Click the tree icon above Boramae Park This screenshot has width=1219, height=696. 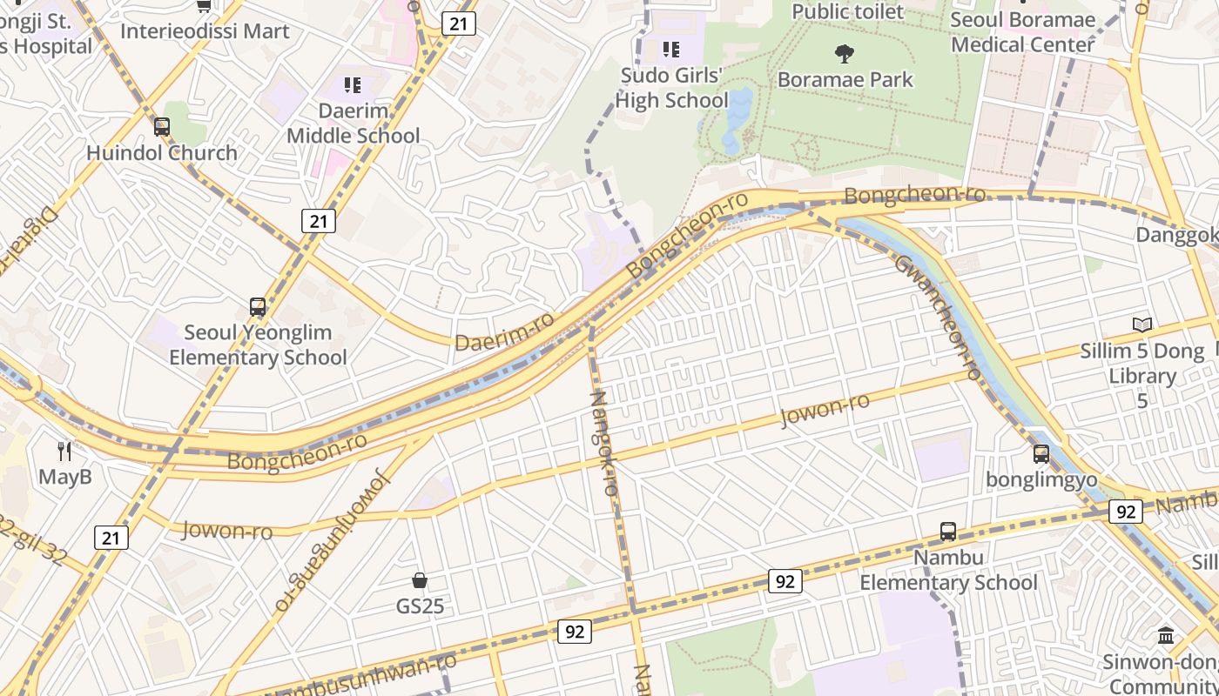coord(844,54)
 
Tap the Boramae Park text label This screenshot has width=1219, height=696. coord(845,80)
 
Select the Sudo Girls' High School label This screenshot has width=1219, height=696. coord(671,88)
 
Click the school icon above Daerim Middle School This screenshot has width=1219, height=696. coord(353,85)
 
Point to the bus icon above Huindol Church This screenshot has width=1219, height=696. coord(162,127)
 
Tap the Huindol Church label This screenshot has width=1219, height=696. coord(162,153)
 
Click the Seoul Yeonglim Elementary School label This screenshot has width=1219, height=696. coord(258,345)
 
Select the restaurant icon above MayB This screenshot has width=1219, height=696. coord(64,451)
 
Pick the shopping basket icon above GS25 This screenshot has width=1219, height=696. coord(420,580)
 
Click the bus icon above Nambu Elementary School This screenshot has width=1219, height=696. coord(948,532)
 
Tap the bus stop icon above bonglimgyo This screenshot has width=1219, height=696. coord(1041,454)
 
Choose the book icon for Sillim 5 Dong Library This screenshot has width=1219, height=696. coord(1142,325)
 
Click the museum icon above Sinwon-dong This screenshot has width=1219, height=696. coord(1166,636)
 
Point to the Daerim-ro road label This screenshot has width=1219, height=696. coord(504,333)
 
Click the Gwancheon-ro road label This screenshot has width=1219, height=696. coord(939,318)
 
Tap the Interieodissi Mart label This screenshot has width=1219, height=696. coord(205,31)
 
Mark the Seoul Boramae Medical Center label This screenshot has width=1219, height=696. coord(1022,32)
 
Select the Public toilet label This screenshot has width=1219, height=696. coord(848,11)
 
